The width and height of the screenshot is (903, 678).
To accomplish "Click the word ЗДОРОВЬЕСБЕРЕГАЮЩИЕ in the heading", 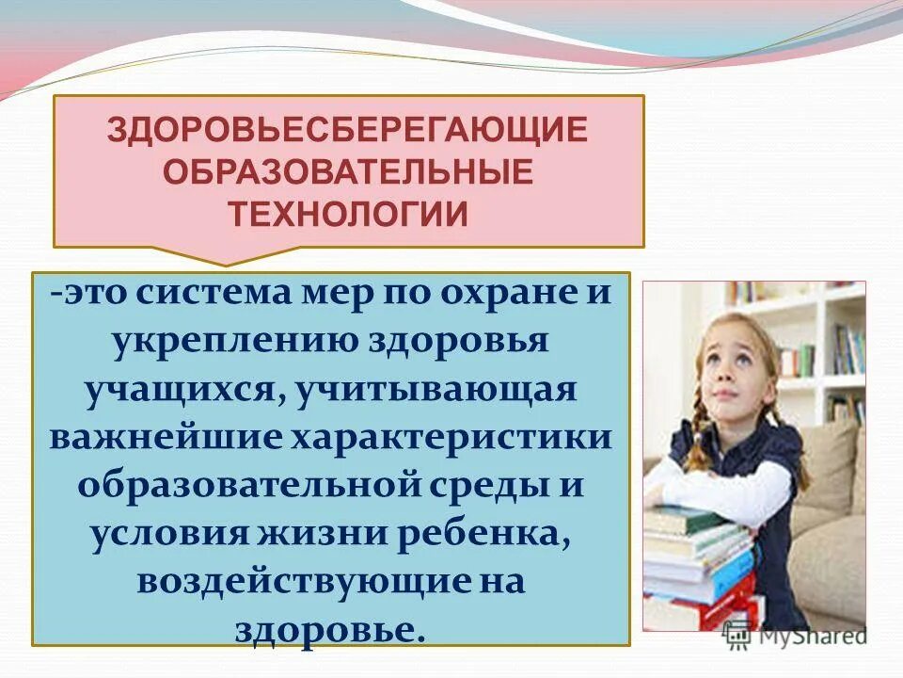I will [x=347, y=129].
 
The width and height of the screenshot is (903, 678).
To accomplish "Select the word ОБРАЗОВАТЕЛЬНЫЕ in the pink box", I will [x=348, y=171].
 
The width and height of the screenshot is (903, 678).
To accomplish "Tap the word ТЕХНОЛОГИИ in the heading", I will [x=348, y=214].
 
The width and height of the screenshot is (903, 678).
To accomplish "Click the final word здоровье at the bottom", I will [x=329, y=628].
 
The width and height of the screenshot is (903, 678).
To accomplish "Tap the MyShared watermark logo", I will [x=795, y=636].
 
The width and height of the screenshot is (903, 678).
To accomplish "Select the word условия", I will [x=160, y=534].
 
